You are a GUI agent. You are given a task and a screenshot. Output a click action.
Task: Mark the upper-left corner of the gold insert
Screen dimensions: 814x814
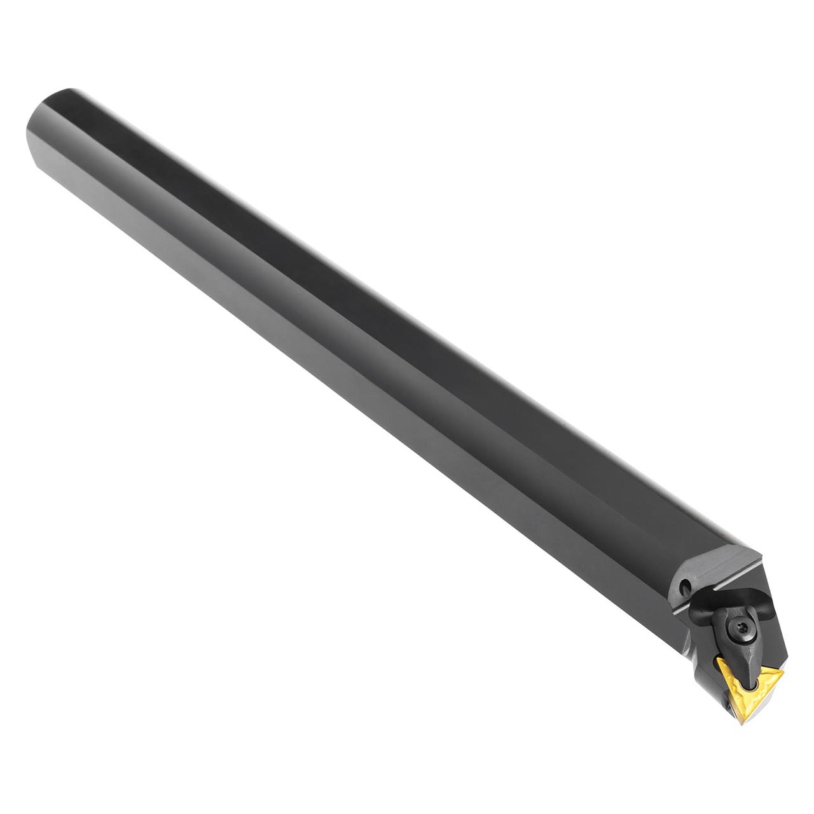(x=719, y=659)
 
